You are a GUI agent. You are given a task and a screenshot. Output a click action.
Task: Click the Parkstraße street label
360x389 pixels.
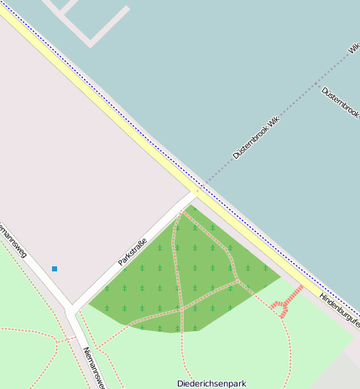tap(133, 252)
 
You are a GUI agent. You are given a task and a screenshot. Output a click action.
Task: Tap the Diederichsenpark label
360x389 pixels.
tap(211, 383)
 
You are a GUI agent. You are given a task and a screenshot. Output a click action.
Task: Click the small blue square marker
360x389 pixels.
tap(55, 269)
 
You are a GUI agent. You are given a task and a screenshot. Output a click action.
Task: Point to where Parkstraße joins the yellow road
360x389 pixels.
tap(195, 195)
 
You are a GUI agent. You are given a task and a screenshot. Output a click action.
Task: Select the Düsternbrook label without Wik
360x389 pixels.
tap(341, 101)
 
